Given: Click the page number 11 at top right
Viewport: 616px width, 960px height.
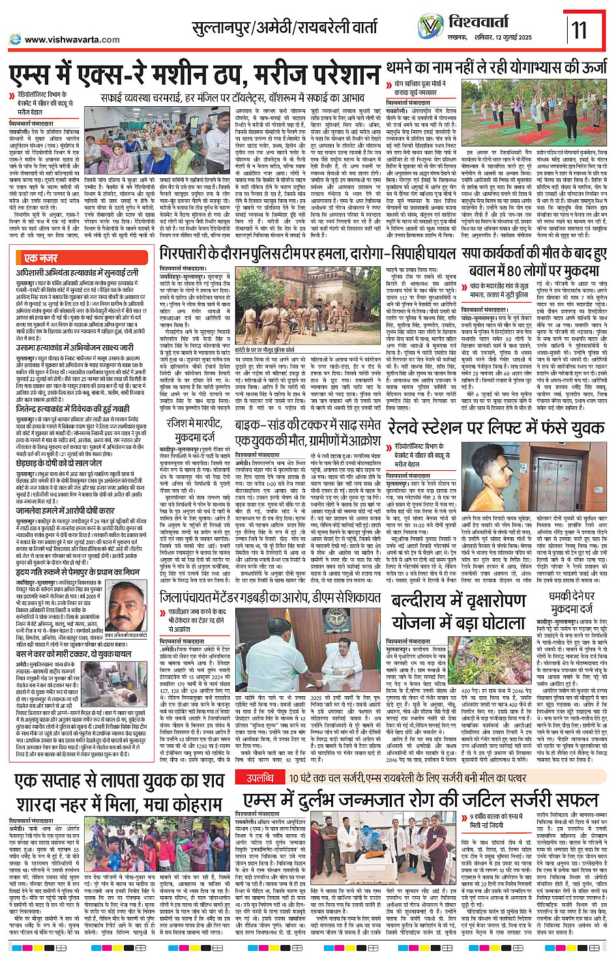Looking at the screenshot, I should pos(579,30).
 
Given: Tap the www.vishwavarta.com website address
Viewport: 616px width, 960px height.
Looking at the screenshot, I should pos(72,40).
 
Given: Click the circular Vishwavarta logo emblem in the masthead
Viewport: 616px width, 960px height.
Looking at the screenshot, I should pos(430,27).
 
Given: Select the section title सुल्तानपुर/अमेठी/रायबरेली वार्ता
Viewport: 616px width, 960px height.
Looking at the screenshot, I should pos(284,28).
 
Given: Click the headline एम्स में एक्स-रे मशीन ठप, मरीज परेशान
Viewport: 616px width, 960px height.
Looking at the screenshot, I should pos(194,75).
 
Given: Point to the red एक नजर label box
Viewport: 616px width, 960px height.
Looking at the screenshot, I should pos(40,259).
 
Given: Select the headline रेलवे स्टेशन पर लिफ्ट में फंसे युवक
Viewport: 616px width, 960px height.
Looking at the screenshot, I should pos(497,427).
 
